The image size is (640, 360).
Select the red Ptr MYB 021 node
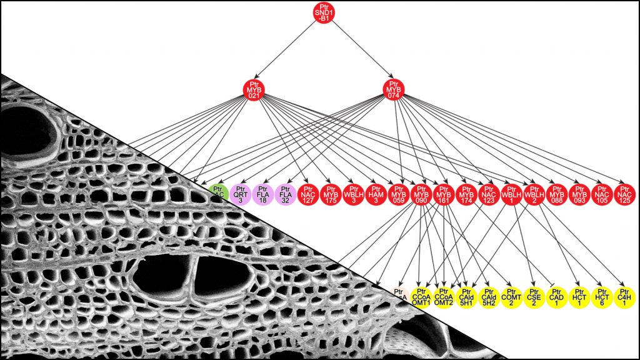coord(253,91)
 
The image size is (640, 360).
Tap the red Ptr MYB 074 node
coord(393,91)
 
